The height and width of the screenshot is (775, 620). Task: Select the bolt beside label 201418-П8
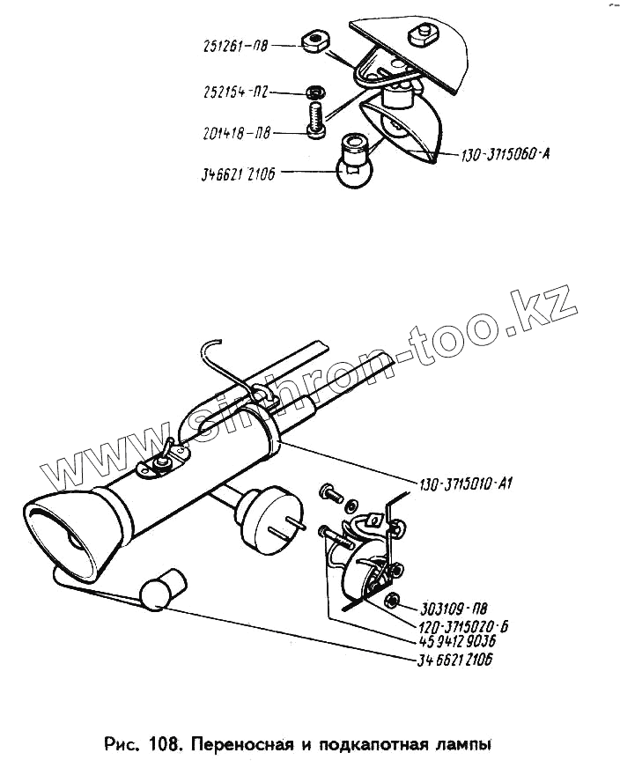coord(316,120)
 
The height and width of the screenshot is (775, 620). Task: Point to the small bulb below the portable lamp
coord(162,588)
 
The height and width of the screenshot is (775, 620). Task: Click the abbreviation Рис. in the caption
coord(122,746)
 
